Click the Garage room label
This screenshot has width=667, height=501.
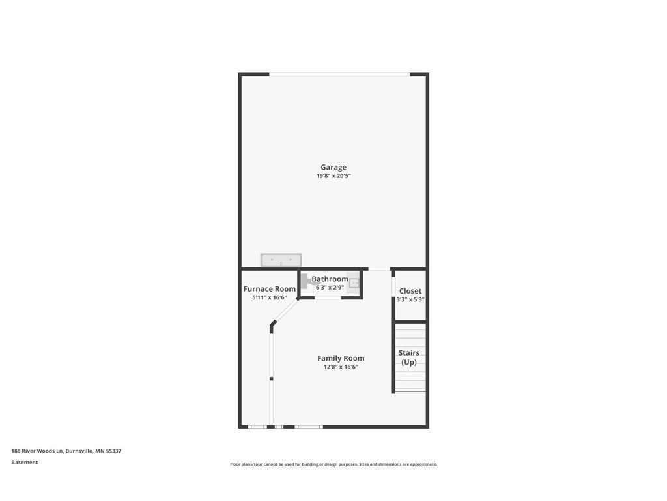333,167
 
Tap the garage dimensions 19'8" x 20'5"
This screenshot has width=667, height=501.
333,176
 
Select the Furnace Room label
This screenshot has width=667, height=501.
269,289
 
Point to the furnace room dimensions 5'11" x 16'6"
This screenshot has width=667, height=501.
269,297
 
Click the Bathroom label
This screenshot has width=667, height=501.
330,279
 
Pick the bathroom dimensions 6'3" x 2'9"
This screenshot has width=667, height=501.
330,287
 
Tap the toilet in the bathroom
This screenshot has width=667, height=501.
305,282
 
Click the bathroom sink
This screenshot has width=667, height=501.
354,283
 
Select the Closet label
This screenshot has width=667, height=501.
410,291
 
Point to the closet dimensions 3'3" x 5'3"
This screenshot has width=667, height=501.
410,300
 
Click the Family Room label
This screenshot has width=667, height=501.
341,358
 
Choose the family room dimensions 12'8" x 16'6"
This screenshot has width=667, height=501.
341,367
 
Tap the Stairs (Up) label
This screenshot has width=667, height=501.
409,357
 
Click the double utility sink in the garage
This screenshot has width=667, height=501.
281,260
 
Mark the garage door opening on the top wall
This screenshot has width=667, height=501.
339,74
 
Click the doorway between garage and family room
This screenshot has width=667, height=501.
379,269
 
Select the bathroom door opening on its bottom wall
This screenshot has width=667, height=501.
328,298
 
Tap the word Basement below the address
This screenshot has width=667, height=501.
25,462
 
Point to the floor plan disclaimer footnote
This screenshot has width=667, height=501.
333,464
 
